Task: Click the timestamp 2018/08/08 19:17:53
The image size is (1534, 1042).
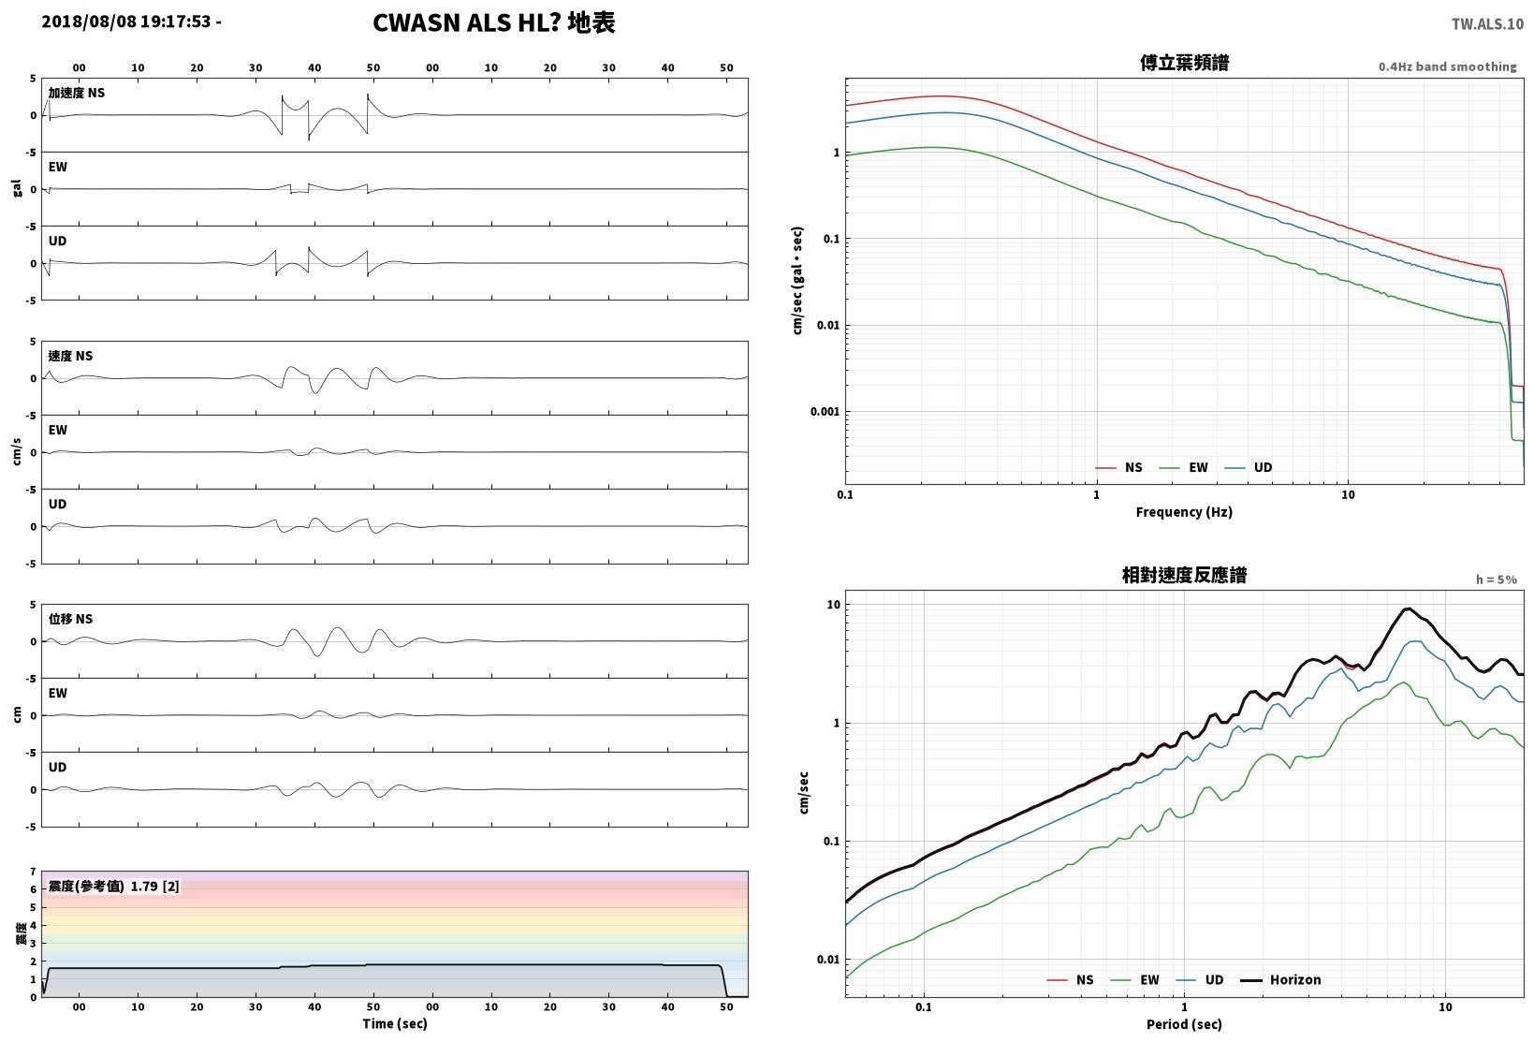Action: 126,22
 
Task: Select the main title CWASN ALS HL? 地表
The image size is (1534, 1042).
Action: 494,22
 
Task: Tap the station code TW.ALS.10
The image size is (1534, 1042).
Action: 1487,24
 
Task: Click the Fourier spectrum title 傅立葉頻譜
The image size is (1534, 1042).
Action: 1184,63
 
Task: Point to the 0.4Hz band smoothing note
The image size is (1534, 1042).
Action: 1447,66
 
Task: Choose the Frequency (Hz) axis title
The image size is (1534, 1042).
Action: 1183,512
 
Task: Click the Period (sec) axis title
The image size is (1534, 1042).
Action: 1184,1024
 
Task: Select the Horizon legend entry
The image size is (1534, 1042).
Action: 1280,979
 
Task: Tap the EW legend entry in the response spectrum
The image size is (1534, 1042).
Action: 1134,979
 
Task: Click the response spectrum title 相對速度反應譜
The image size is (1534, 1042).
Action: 1184,575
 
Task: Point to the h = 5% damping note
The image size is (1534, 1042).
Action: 1496,580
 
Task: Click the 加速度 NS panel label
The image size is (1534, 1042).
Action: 76,93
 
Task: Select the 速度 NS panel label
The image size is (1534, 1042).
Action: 70,356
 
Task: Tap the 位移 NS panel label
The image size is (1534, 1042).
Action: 70,619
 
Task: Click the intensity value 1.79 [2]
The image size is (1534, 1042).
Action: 154,886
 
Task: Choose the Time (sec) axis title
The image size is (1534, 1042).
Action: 394,1023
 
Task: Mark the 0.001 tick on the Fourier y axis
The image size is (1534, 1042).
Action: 825,412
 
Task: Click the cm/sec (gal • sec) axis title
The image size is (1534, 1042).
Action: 797,281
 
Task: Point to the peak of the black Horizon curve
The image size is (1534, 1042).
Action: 1408,609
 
